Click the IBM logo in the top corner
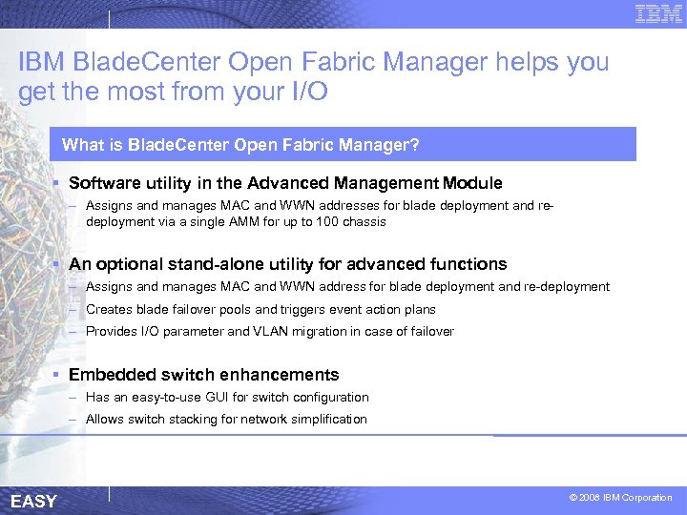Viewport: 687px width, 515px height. click(658, 13)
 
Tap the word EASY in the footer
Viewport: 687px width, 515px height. click(33, 502)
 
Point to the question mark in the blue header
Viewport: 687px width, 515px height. click(415, 146)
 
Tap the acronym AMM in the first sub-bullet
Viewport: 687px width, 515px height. click(261, 221)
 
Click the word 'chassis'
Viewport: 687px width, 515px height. click(366, 221)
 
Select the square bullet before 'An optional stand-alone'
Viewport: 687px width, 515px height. click(58, 264)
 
